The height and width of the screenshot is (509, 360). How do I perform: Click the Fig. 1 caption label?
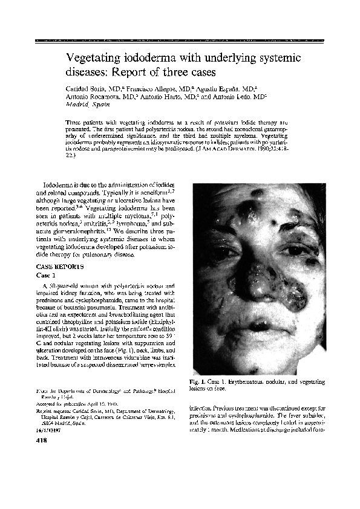[x=198, y=382]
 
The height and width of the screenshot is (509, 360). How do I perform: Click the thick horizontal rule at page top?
[x=180, y=40]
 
